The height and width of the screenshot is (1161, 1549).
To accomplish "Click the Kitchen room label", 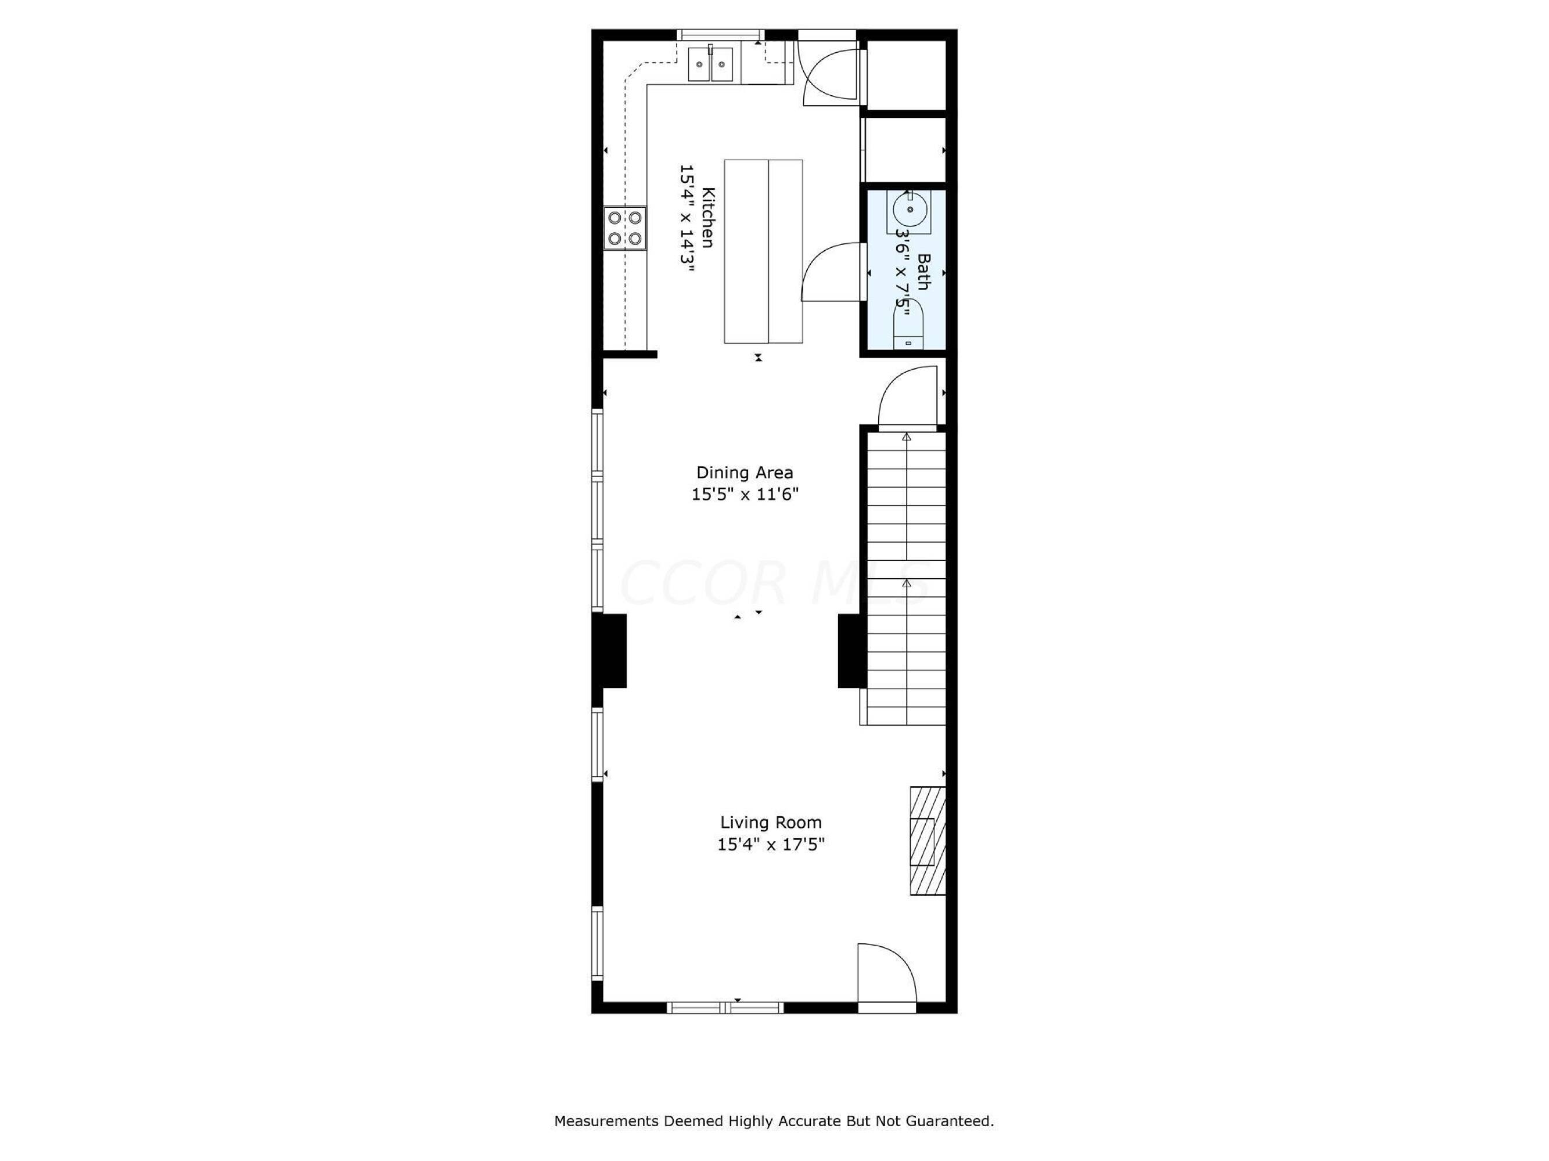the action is point(708,218).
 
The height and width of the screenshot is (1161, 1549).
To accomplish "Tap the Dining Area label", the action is point(745,473).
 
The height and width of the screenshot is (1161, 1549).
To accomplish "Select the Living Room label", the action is point(770,823).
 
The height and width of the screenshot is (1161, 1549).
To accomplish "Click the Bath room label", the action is point(923,272).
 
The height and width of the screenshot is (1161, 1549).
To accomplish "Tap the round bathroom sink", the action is point(910,209).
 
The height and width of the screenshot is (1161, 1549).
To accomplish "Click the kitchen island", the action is point(763,251).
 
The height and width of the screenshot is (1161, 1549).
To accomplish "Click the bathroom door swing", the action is point(831,272).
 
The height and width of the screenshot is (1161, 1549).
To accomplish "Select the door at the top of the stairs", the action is point(908,395).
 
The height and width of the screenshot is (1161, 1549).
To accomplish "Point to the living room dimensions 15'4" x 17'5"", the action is point(770,845).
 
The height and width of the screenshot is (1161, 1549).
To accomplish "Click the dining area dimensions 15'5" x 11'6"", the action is point(745,495).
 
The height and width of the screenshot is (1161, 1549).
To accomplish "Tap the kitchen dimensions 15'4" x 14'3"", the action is point(687,218).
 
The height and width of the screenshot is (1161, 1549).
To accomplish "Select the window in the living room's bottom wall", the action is point(725,1008).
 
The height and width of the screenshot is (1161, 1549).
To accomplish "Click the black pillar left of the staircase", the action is point(852,651).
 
